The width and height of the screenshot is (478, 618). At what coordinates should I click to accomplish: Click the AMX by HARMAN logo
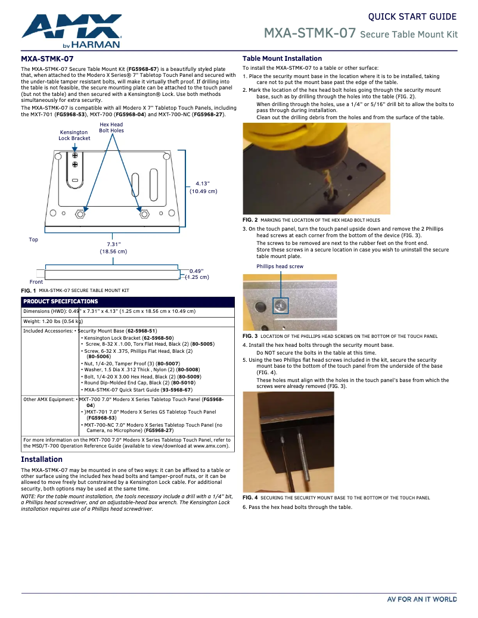point(72,32)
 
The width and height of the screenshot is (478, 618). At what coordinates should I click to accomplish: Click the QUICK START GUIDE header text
point(412,17)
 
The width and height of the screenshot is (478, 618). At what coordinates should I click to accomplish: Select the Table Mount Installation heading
point(282,58)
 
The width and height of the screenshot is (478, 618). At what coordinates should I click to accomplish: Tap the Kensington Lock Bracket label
point(75,135)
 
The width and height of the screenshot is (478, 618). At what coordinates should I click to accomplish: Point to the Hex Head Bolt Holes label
point(111,128)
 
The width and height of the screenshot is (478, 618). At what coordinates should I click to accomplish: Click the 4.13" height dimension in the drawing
point(203,188)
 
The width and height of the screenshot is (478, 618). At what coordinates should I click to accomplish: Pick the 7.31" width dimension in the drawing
point(113,248)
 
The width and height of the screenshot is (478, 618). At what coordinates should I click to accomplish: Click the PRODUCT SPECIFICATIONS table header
point(60,302)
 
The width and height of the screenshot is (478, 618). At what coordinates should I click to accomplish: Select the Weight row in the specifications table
point(53,321)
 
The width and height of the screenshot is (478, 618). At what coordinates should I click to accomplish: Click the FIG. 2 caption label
point(250,220)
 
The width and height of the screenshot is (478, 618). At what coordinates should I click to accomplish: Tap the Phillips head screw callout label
point(280,266)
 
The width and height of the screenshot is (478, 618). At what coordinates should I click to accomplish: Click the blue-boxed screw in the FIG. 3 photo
point(280,306)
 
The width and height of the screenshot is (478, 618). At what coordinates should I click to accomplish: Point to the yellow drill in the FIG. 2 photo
point(286,143)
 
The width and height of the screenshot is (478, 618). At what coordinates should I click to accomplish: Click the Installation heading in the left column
point(42,459)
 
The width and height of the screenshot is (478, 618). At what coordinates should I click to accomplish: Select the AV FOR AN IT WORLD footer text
point(421,599)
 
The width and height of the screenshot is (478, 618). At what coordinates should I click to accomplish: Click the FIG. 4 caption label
point(250,498)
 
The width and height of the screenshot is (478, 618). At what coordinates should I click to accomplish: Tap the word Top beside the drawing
point(33,240)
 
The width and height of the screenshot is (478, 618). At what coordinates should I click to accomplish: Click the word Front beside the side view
point(36,282)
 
